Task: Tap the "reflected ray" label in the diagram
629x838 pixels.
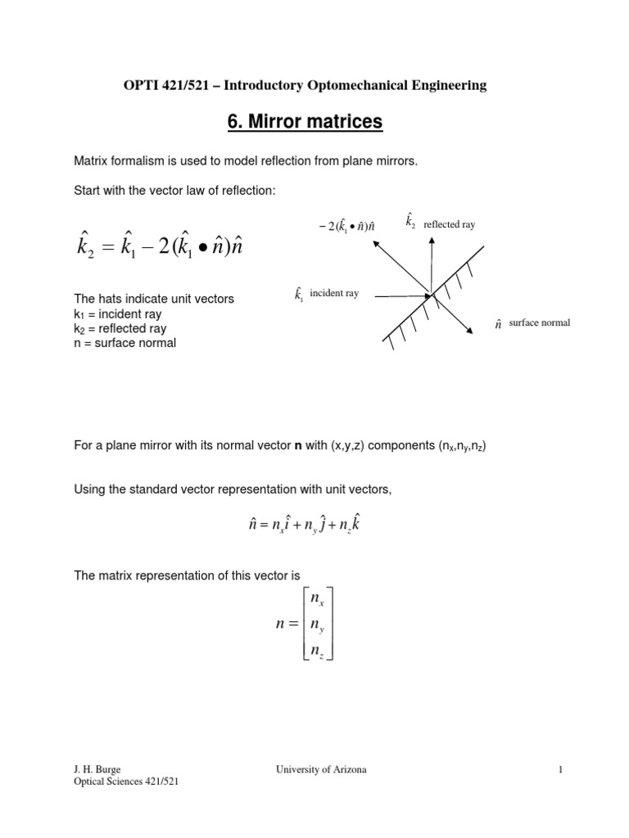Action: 449,223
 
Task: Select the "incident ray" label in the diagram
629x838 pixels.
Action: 334,294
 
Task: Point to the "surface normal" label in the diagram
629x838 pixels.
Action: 539,323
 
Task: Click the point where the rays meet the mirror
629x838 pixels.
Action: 430,294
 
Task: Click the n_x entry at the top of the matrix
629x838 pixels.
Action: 316,600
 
